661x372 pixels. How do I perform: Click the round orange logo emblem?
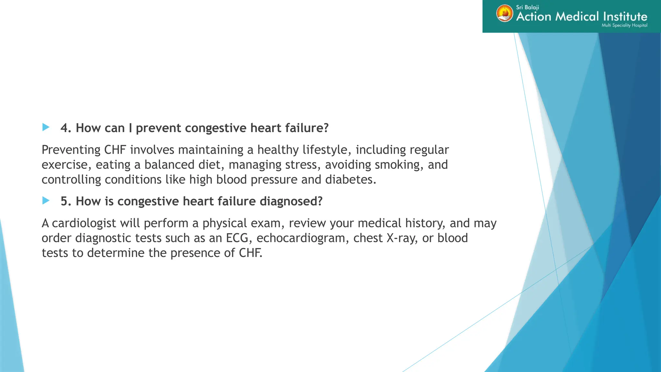pyautogui.click(x=504, y=14)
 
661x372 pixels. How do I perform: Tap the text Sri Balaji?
pyautogui.click(x=527, y=7)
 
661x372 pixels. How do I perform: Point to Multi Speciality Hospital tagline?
pyautogui.click(x=624, y=25)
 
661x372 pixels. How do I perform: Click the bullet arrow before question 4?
pyautogui.click(x=46, y=127)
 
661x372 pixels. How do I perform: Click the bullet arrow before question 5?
pyautogui.click(x=46, y=201)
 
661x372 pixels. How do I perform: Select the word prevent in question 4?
pyautogui.click(x=158, y=128)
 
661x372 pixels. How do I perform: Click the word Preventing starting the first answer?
pyautogui.click(x=71, y=150)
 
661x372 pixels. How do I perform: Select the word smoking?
pyautogui.click(x=399, y=165)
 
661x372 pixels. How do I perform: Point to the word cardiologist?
pyautogui.click(x=84, y=223)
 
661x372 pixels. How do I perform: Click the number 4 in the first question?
pyautogui.click(x=66, y=128)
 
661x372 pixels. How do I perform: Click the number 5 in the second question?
pyautogui.click(x=66, y=201)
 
